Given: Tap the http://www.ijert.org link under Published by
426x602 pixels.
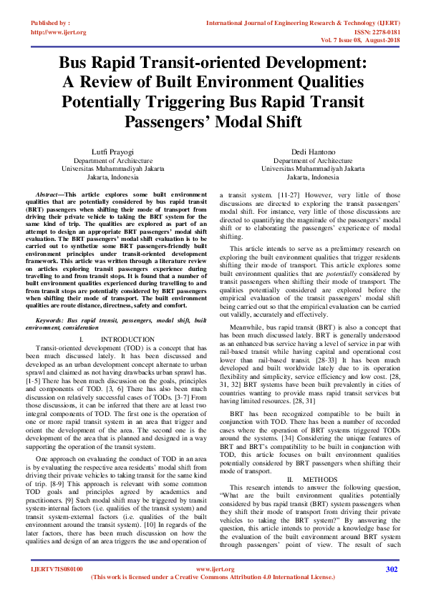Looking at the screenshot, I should pyautogui.click(x=59, y=32).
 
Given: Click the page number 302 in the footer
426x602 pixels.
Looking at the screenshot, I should pyautogui.click(x=391, y=569).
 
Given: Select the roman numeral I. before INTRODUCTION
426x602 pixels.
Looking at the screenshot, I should pyautogui.click(x=103, y=338).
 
